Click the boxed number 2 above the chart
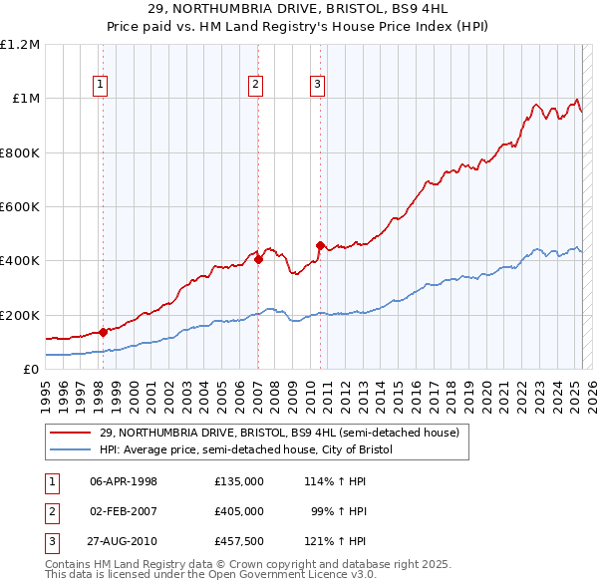tap(256, 86)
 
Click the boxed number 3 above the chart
tap(318, 86)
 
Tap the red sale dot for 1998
tap(103, 333)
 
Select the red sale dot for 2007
tap(258, 259)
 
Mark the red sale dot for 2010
tap(320, 245)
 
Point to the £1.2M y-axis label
tap(20, 45)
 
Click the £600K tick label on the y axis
tap(20, 207)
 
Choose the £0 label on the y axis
tap(30, 370)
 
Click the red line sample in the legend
tap(72, 433)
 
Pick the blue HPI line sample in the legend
tap(72, 450)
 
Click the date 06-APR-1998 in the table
tap(124, 481)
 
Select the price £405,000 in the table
tap(238, 511)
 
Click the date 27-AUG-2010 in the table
tap(124, 541)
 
